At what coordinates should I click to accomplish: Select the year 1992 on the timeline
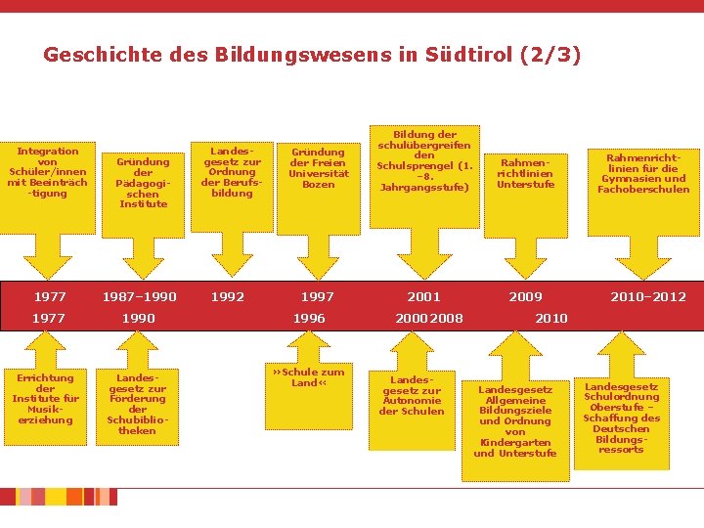pos(228,296)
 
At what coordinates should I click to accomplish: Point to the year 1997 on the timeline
pos(317,296)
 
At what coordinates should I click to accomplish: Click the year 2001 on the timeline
pos(423,296)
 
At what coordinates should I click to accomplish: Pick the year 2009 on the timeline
pos(525,296)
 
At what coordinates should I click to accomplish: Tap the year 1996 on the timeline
pos(310,318)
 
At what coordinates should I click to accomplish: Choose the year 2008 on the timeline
pos(446,318)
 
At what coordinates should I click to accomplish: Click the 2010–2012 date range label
pos(648,296)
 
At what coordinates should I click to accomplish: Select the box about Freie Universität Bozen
pos(318,167)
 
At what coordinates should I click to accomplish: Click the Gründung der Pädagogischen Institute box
pos(144,183)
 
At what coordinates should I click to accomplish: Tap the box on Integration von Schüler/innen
pos(47,172)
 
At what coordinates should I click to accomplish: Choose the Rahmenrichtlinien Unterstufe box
pos(525,174)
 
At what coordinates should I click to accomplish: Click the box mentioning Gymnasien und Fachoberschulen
pos(642,173)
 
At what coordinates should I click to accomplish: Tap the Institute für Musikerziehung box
pos(44,399)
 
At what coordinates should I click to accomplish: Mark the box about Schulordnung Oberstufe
pos(621,418)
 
